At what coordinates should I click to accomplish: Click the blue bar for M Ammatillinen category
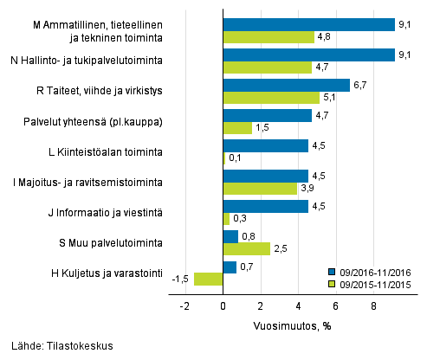coord(308,24)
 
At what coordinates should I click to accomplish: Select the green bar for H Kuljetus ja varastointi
coord(209,279)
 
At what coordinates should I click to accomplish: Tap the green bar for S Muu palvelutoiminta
coord(246,248)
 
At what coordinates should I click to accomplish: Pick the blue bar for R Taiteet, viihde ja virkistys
coord(286,85)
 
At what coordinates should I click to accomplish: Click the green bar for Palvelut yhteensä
coord(237,127)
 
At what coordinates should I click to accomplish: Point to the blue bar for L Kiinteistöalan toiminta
coord(265,145)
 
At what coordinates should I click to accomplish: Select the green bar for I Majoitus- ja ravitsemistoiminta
coord(260,188)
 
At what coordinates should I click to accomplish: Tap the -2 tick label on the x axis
coord(184,305)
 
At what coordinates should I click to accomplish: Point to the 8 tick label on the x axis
coord(373,305)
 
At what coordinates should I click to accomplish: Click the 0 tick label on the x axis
coord(223,305)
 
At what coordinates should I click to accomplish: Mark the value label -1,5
coord(179,279)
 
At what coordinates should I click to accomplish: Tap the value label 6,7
coord(360,85)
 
